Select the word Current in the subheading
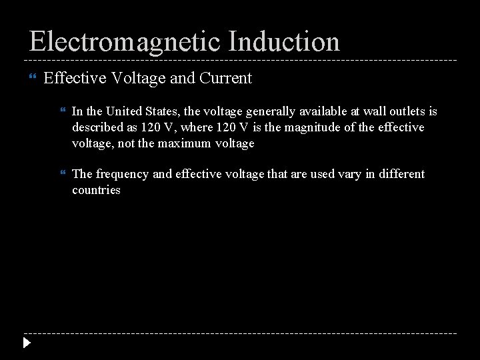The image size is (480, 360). [x=225, y=79]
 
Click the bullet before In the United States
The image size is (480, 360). [x=63, y=111]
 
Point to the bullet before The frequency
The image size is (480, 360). [x=63, y=174]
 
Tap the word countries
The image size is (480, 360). [x=96, y=190]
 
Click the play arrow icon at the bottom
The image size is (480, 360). [x=26, y=344]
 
